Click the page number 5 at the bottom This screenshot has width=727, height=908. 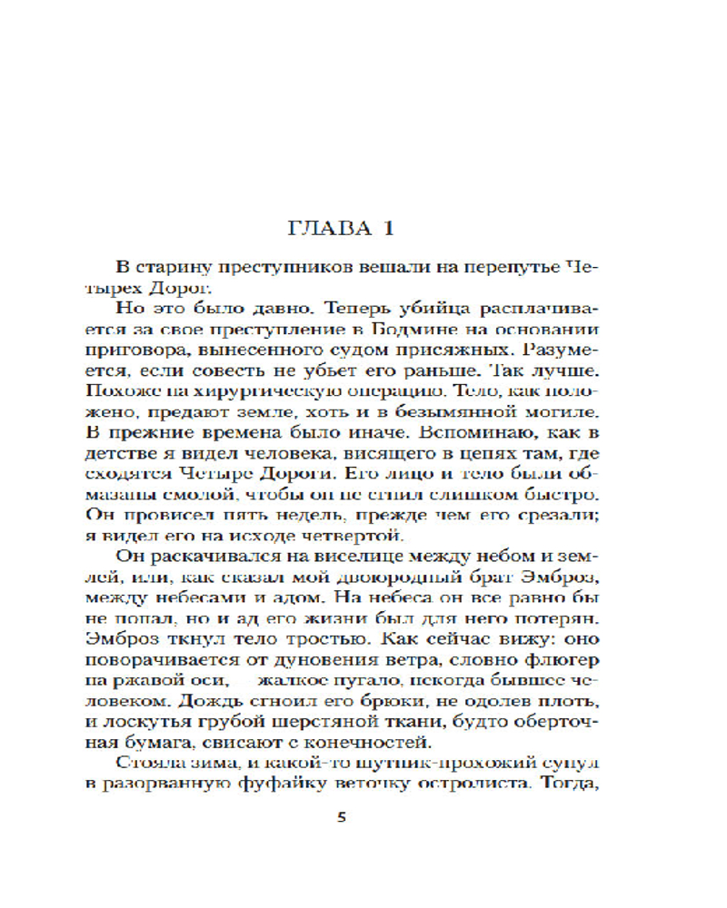click(x=342, y=817)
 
